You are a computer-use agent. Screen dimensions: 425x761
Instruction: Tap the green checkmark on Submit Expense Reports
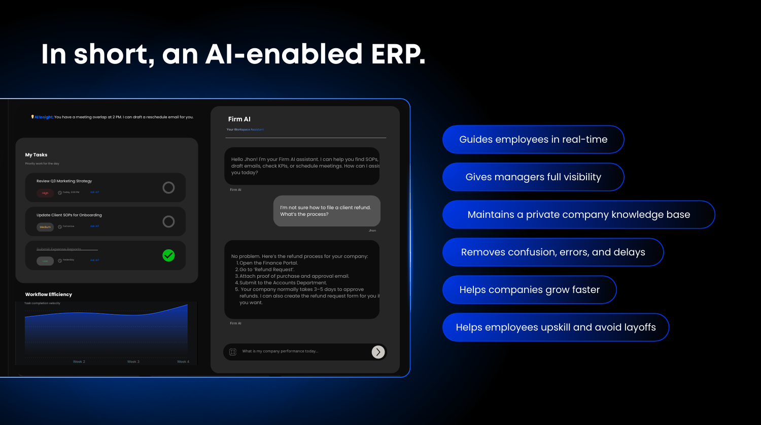pyautogui.click(x=168, y=255)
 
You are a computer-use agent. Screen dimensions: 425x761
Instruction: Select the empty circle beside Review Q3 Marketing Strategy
pyautogui.click(x=168, y=188)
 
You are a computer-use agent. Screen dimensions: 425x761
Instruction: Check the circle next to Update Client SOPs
pyautogui.click(x=168, y=221)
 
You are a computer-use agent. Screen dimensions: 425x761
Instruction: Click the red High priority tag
pyautogui.click(x=45, y=193)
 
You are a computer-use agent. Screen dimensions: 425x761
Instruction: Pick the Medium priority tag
pyautogui.click(x=45, y=227)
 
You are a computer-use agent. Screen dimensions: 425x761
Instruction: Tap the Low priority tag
pyautogui.click(x=45, y=261)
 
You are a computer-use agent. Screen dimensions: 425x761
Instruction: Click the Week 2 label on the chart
pyautogui.click(x=79, y=362)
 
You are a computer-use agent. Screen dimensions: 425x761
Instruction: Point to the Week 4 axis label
pyautogui.click(x=183, y=362)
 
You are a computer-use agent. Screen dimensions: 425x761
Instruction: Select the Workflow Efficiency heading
pyautogui.click(x=49, y=295)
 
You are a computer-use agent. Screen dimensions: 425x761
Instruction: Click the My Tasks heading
pyautogui.click(x=36, y=155)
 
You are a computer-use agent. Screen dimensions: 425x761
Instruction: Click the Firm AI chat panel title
pyautogui.click(x=239, y=119)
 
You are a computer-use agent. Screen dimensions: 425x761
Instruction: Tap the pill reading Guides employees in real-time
pyautogui.click(x=533, y=140)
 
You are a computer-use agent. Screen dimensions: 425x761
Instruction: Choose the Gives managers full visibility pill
pyautogui.click(x=533, y=177)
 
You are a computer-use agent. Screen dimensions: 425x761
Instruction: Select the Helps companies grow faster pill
pyautogui.click(x=529, y=290)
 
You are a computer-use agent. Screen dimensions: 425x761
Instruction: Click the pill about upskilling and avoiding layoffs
pyautogui.click(x=556, y=328)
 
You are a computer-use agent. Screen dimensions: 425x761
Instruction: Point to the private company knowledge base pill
pyautogui.click(x=578, y=215)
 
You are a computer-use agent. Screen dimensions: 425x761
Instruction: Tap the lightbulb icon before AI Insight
pyautogui.click(x=32, y=117)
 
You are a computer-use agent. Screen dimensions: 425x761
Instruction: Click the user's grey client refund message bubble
pyautogui.click(x=327, y=211)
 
